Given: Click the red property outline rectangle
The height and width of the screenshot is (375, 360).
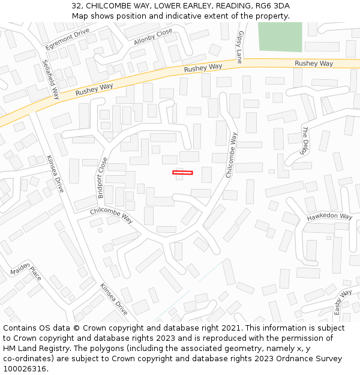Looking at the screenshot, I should pyautogui.click(x=182, y=173).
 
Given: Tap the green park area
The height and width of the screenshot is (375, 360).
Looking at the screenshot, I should pyautogui.click(x=280, y=37).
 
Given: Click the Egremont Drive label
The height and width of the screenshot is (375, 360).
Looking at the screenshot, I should pyautogui.click(x=67, y=39).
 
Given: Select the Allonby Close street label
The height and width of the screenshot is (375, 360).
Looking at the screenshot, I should pyautogui.click(x=153, y=37).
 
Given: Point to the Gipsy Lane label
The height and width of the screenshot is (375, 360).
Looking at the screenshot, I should pyautogui.click(x=240, y=47).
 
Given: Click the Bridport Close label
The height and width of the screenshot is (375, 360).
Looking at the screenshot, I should pyautogui.click(x=103, y=178).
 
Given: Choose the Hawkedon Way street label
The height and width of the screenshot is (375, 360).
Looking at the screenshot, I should pyautogui.click(x=329, y=217).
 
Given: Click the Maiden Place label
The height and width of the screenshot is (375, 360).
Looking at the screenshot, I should pyautogui.click(x=26, y=274).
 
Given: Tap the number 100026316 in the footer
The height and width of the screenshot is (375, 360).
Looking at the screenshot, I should pyautogui.click(x=26, y=369).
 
